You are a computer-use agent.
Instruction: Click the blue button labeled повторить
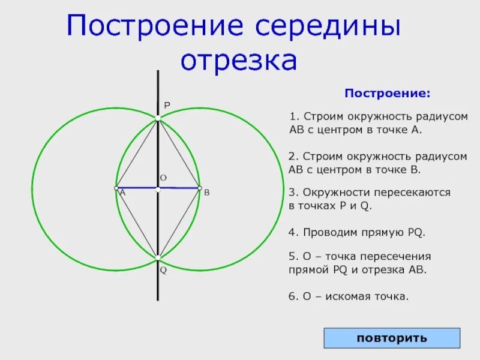click(392, 338)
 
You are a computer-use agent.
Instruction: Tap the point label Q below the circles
click(163, 271)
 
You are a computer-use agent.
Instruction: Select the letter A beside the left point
click(122, 193)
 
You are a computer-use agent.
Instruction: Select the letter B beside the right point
click(206, 193)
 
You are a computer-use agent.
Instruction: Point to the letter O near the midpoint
click(163, 178)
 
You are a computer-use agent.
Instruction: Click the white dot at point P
click(158, 119)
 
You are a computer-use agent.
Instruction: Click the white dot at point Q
click(158, 258)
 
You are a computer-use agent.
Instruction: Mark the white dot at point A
click(116, 188)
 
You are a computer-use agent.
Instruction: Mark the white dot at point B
click(199, 188)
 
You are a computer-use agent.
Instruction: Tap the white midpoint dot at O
click(158, 189)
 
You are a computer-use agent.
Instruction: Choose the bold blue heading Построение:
click(387, 94)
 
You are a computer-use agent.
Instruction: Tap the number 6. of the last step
click(293, 296)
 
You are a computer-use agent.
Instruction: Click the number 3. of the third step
click(293, 193)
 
